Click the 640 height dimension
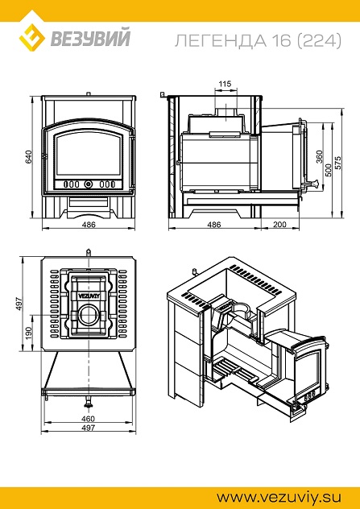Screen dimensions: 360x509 click(x=29, y=157)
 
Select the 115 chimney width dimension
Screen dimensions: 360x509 click(x=225, y=84)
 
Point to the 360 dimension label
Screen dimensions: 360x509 click(x=319, y=157)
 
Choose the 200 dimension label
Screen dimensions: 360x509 click(x=279, y=225)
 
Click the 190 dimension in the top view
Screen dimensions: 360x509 click(x=29, y=333)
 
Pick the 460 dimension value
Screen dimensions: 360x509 click(x=88, y=418)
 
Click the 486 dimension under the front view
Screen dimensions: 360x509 click(x=89, y=225)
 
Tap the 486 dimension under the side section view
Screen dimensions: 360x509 click(x=214, y=225)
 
